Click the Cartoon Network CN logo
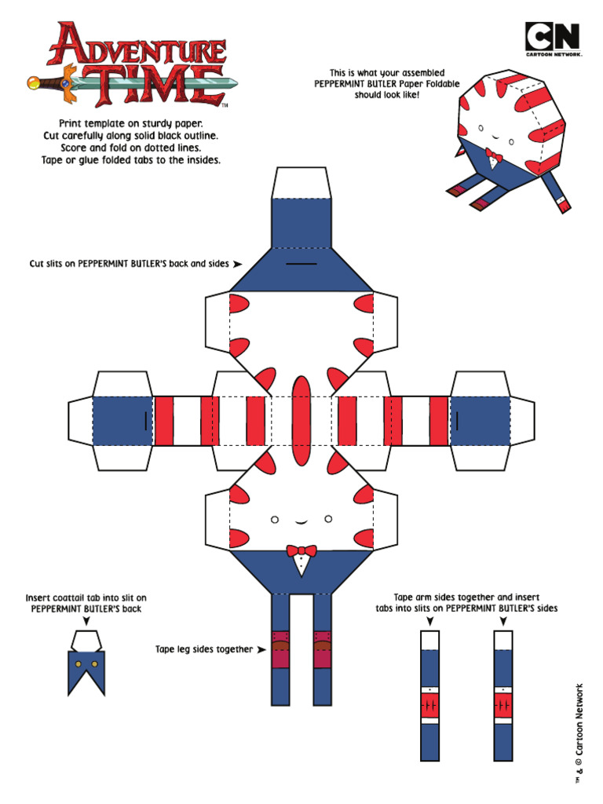click(554, 39)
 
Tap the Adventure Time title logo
click(132, 64)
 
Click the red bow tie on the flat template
click(301, 551)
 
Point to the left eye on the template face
click(275, 520)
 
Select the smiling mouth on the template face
click(301, 522)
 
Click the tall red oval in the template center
click(301, 421)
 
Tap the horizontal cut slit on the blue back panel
click(301, 264)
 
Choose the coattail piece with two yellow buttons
click(86, 663)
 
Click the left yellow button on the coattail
click(79, 664)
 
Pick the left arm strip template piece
click(430, 696)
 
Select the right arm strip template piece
click(503, 696)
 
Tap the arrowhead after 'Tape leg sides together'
click(261, 649)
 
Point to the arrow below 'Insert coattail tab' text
click(86, 621)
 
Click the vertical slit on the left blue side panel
click(145, 421)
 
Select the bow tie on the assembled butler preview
click(493, 155)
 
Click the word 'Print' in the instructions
click(71, 123)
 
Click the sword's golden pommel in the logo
click(34, 82)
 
